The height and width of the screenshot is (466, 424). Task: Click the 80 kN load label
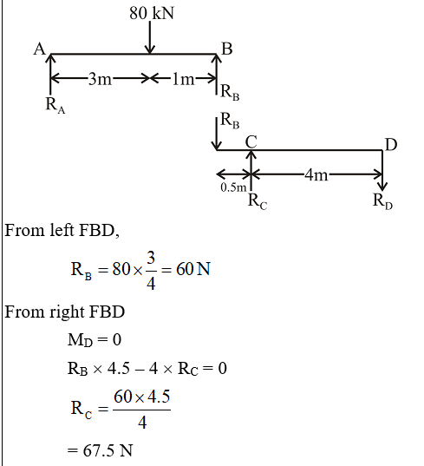(152, 13)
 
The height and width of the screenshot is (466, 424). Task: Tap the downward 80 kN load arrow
(150, 37)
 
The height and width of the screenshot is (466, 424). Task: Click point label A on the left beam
(39, 49)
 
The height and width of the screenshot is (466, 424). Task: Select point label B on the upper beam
(227, 49)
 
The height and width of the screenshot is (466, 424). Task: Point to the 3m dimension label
(100, 79)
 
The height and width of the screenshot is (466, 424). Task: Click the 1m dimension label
(183, 79)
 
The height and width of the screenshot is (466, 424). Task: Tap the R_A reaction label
(55, 106)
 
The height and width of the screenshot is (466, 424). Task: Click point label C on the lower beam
(251, 141)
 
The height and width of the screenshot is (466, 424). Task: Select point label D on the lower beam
(391, 145)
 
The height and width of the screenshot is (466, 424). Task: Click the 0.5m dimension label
(233, 187)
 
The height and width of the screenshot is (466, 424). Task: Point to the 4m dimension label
(316, 174)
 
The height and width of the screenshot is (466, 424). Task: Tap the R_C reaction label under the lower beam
(258, 201)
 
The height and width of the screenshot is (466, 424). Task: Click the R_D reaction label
(382, 201)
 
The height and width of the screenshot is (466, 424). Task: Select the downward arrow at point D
(382, 170)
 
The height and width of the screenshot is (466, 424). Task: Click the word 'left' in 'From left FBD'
(62, 230)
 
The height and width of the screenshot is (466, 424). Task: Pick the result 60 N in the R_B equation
(193, 269)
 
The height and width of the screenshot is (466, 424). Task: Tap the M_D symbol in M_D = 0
(80, 339)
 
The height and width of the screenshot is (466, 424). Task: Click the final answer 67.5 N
(108, 450)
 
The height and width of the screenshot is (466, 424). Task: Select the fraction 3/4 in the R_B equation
(151, 270)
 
